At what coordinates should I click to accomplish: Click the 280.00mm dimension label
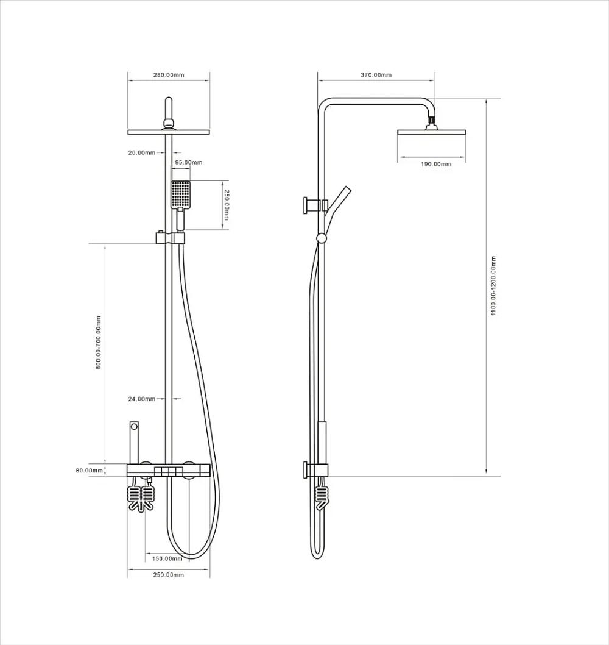click(x=169, y=75)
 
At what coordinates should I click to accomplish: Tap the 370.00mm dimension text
click(x=376, y=75)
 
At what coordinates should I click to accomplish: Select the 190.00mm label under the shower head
click(x=435, y=164)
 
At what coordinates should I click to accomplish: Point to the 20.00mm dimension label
click(x=142, y=152)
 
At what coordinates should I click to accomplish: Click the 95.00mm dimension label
click(x=189, y=162)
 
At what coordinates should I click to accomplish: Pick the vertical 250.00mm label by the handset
click(x=227, y=204)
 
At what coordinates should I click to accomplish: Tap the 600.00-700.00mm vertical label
click(x=99, y=343)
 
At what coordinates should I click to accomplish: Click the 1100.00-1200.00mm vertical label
click(x=493, y=286)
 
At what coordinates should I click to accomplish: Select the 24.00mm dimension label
click(x=142, y=399)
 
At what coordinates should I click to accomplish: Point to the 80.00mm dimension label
click(x=89, y=470)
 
